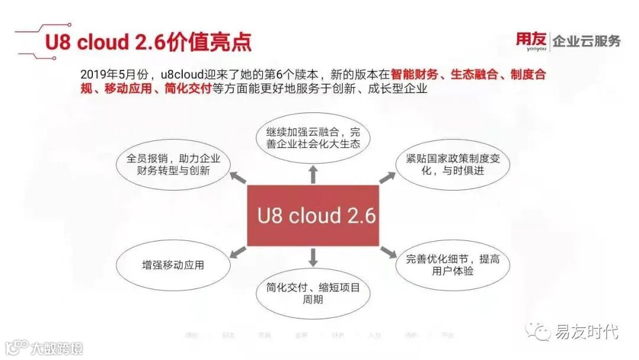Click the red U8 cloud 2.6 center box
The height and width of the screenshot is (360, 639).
point(312,216)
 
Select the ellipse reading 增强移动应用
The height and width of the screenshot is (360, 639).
point(173,265)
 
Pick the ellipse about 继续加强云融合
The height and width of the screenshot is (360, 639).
point(313,138)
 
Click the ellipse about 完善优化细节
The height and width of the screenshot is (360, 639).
point(453,265)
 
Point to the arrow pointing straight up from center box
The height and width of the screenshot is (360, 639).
point(313,175)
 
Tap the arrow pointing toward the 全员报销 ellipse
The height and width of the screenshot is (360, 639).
point(238,177)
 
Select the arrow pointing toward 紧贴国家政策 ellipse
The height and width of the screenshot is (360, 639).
point(388,177)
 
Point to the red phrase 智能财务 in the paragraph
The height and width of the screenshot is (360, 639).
point(414,75)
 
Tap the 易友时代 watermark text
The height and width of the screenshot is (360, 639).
point(586,332)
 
